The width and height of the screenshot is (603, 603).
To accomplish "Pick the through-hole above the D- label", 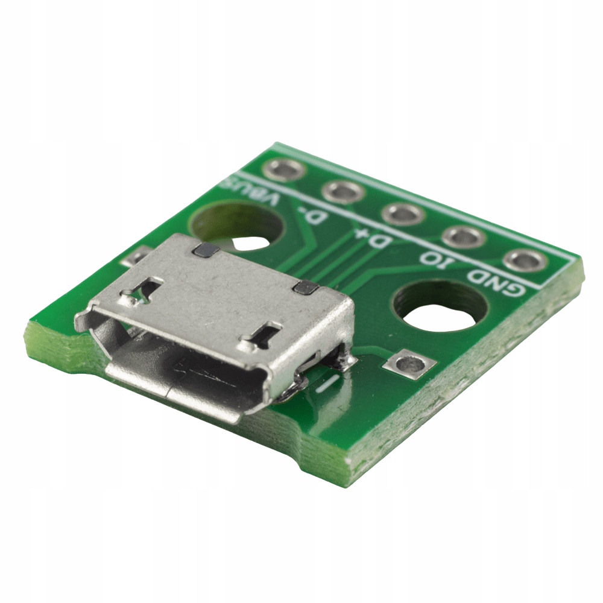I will click(x=343, y=192).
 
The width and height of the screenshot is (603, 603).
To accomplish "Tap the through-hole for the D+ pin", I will click(x=402, y=214).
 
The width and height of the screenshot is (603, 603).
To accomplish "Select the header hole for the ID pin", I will click(x=463, y=237).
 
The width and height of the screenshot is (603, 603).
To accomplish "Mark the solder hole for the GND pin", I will click(x=523, y=260).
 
